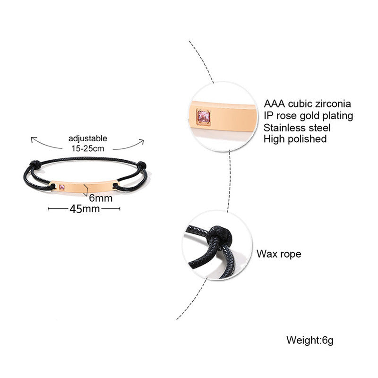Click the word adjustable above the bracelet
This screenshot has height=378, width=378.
(88, 138)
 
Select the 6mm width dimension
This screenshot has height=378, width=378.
(101, 198)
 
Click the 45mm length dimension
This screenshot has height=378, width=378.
(85, 209)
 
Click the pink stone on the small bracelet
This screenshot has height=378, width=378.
(61, 188)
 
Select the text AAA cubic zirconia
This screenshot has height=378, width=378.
(308, 104)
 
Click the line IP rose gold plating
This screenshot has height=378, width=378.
(308, 116)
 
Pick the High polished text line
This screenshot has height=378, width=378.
(295, 139)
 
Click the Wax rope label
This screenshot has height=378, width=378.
(279, 254)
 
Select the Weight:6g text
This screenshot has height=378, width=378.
(309, 340)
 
